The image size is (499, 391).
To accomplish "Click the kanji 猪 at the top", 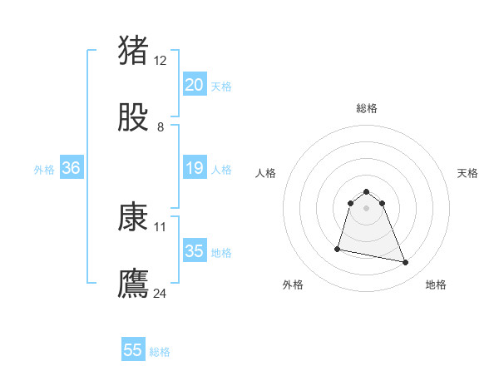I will (x=133, y=51).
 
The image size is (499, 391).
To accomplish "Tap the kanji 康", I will (x=133, y=217).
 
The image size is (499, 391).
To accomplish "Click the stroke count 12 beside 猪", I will (x=161, y=60).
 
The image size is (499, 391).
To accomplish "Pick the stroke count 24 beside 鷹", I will (x=161, y=293).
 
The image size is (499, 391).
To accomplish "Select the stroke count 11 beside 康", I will (x=161, y=225).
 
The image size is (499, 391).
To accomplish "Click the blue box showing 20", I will (x=194, y=85).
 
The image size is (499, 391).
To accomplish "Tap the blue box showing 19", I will (x=194, y=168).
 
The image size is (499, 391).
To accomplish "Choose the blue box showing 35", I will (x=194, y=251).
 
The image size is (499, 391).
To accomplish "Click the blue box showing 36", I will (x=72, y=168).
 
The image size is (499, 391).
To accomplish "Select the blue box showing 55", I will (x=133, y=350).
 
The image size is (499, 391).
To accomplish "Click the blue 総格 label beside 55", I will (x=160, y=352).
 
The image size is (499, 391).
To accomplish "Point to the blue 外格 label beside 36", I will (x=44, y=170).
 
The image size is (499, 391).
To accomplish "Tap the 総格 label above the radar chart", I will (x=367, y=108).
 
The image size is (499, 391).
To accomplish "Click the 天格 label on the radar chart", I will (x=468, y=173).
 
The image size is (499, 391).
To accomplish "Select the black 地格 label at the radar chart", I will (x=436, y=285).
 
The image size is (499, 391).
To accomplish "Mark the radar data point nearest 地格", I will (x=406, y=263).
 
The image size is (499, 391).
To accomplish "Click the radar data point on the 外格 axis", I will (x=338, y=249).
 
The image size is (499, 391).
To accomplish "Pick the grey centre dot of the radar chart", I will (x=367, y=207).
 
